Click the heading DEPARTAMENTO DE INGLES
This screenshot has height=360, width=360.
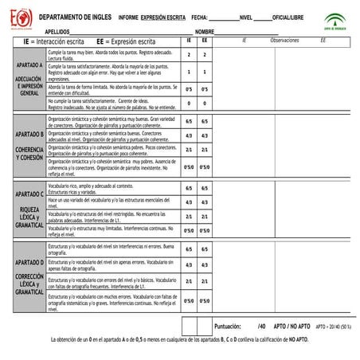click(74, 16)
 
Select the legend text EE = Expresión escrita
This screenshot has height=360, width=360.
click(127, 39)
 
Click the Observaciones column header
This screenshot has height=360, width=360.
click(284, 39)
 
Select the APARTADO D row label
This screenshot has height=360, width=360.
click(29, 262)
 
